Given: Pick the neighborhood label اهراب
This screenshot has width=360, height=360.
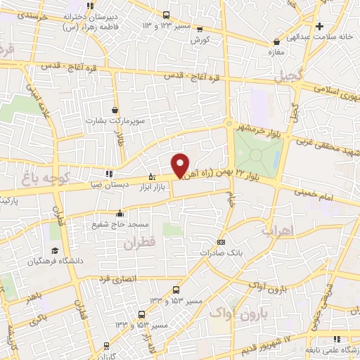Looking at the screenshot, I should [277, 230].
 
